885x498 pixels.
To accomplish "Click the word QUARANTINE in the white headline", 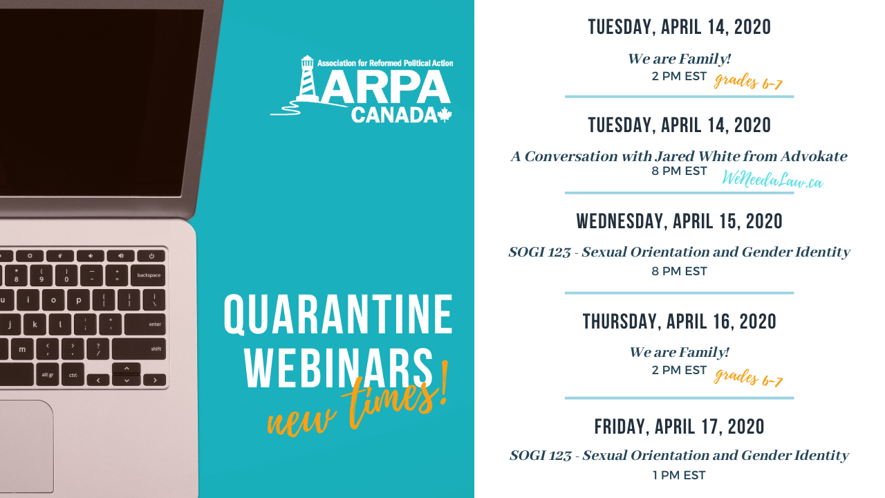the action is [x=338, y=315].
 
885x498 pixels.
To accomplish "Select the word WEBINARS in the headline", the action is [x=339, y=369].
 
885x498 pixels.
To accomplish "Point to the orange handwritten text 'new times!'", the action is [x=357, y=401].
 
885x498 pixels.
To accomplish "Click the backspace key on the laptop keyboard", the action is [x=149, y=275].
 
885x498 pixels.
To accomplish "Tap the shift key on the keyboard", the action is [x=139, y=349].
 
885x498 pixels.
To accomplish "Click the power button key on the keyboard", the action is [x=151, y=256].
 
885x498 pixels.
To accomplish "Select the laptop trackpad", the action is [x=26, y=446].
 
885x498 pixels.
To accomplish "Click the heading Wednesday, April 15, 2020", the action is [x=679, y=221].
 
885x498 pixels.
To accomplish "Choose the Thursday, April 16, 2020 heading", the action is [x=679, y=322].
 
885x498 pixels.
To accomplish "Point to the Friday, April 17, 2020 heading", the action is [x=679, y=427].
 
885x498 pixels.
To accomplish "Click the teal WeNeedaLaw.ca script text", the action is [x=772, y=179].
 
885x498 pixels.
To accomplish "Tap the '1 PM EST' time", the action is [x=679, y=475].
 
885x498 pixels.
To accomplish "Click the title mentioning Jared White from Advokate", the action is [x=679, y=156].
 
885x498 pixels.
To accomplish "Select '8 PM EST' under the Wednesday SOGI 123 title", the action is [x=679, y=271].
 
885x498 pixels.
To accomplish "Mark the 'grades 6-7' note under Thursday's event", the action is [x=748, y=378].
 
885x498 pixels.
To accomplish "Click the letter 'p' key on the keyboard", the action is [x=79, y=300].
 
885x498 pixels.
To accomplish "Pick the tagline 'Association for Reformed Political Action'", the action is [x=385, y=63].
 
